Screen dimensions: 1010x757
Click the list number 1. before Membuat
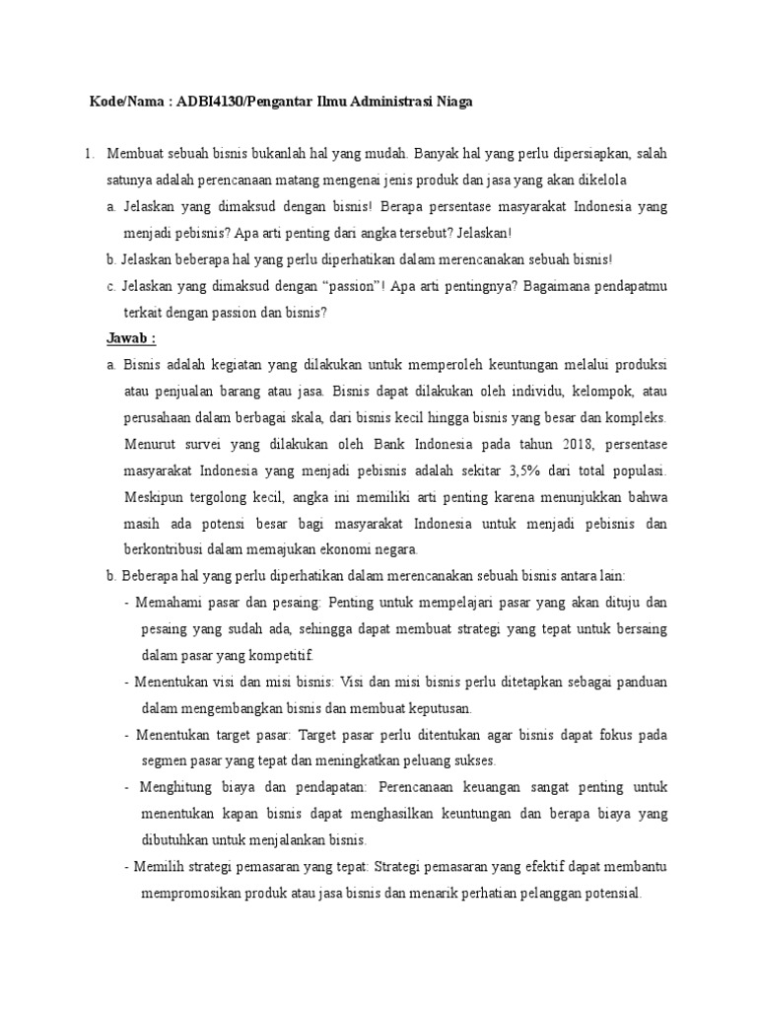tap(88, 155)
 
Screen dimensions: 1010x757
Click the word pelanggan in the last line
tap(541, 893)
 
